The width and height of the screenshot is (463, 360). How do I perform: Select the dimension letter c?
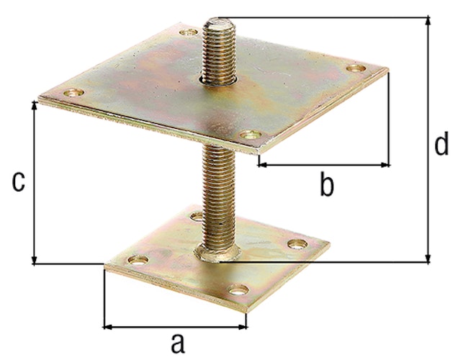(x=19, y=182)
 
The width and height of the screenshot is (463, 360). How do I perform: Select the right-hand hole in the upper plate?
(x=356, y=68)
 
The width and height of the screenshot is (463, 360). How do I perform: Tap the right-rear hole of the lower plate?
(x=296, y=243)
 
